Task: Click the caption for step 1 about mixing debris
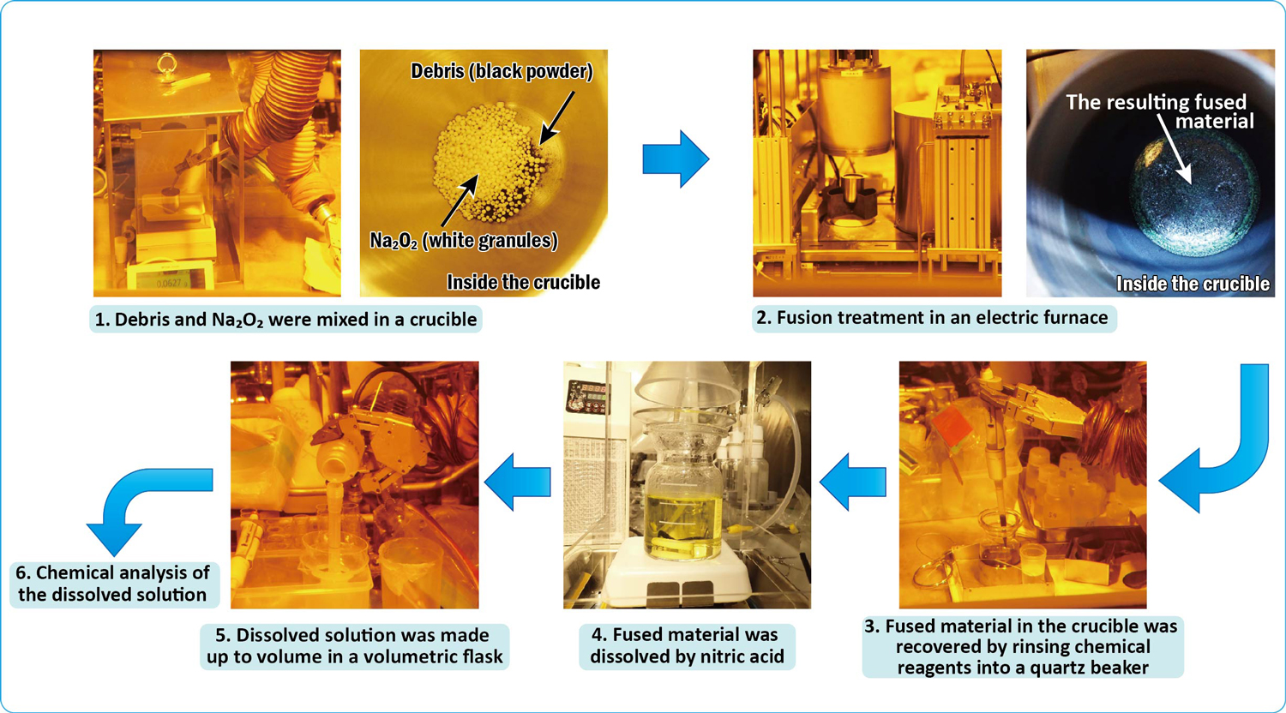coord(285,320)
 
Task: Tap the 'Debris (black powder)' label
coord(502,71)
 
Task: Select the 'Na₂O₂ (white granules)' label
coord(464,241)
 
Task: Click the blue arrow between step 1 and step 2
coord(676,159)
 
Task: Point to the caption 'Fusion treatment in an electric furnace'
coord(934,318)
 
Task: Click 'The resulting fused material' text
coord(1159,111)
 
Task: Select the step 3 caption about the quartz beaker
coord(1022,647)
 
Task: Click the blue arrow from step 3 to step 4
coord(853,482)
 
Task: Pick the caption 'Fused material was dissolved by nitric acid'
coord(687,646)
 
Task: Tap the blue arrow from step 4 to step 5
coord(518,482)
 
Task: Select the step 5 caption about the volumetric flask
coord(354,646)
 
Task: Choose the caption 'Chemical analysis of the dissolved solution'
coord(113,584)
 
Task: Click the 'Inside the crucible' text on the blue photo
coord(1192,284)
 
